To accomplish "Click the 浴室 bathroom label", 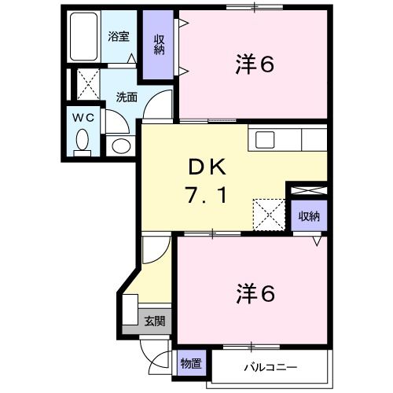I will [x=119, y=35].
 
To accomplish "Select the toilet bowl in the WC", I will [x=83, y=142].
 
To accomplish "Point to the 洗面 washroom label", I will [x=127, y=97].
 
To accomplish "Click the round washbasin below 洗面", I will [x=121, y=145].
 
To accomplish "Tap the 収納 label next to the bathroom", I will [x=159, y=45].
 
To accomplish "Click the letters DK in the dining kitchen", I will [x=207, y=167].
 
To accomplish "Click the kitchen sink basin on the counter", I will [x=265, y=140].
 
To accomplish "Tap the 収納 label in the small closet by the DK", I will [x=308, y=215].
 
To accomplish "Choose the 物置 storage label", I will [x=191, y=365].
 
